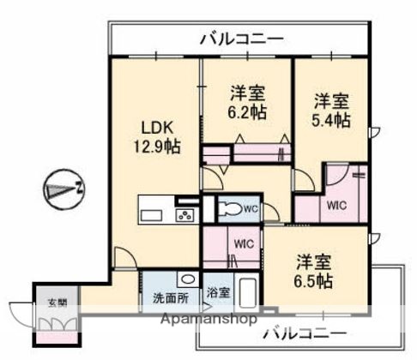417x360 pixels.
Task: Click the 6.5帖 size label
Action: [316, 281]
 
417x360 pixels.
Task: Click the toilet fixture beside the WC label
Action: [229, 209]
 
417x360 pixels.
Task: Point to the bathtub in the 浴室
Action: [247, 295]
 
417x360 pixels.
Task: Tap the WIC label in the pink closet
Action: [335, 206]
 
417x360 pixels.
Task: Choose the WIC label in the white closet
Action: [243, 243]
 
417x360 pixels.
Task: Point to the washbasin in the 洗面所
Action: [184, 279]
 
